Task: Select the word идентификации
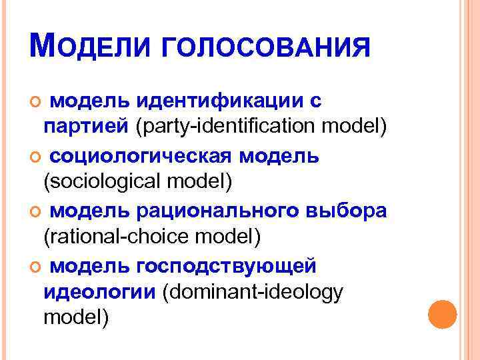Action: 218,101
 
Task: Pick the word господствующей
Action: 227,266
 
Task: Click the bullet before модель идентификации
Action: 35,102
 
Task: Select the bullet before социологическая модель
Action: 35,157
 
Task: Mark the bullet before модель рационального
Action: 35,211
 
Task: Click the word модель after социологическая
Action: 281,156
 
